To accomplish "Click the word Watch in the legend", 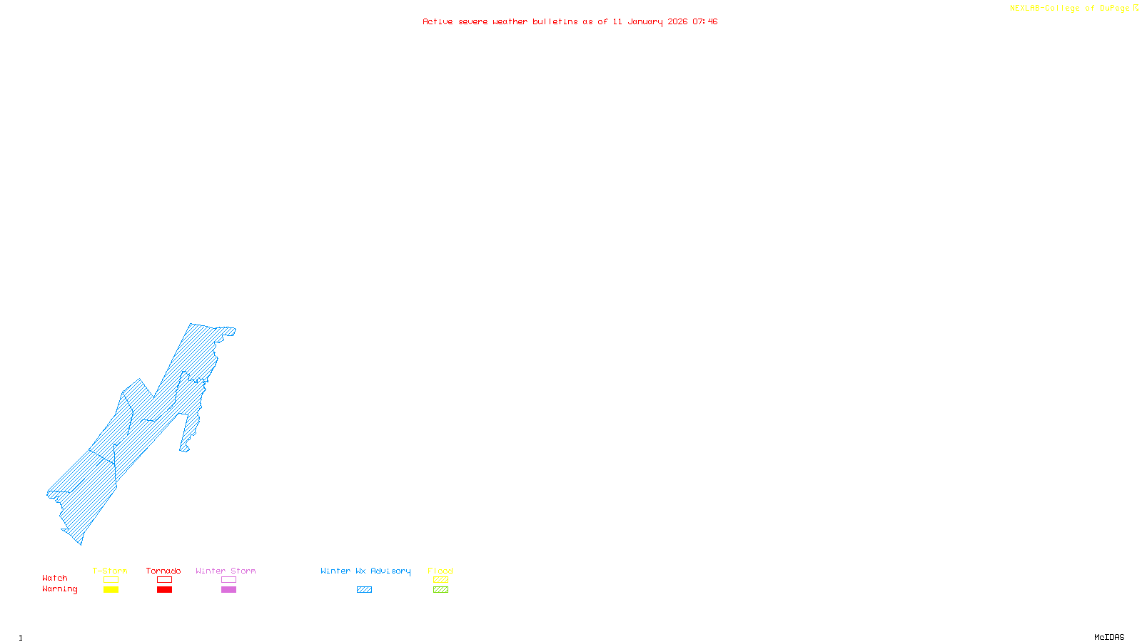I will [x=55, y=579].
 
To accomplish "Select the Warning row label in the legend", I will [x=60, y=589].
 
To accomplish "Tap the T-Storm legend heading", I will [x=110, y=571].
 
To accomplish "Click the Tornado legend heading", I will [x=163, y=571].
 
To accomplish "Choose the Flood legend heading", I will [x=440, y=571].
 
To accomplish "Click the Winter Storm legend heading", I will [x=226, y=571].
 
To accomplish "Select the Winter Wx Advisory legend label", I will [x=365, y=571].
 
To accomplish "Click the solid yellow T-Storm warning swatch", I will [x=111, y=590].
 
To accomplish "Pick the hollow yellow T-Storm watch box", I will [x=111, y=580].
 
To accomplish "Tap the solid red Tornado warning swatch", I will [x=165, y=590].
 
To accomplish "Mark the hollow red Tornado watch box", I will [x=165, y=580].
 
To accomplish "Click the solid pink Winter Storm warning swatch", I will [x=228, y=590].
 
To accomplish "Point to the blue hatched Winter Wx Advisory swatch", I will [x=364, y=590].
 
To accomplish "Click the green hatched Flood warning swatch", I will [x=440, y=590].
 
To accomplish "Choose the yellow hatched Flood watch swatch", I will [x=440, y=580].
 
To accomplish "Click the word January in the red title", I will [x=645, y=22].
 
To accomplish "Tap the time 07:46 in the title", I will [x=704, y=22].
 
